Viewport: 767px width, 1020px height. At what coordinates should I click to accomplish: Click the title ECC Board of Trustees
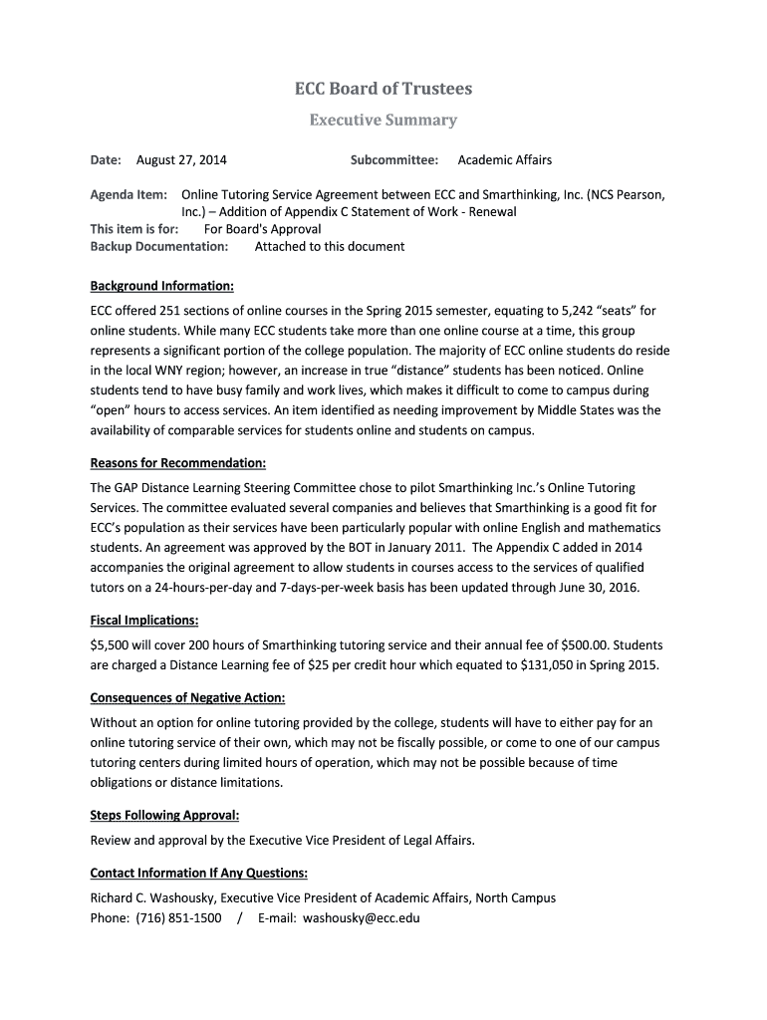coord(383,89)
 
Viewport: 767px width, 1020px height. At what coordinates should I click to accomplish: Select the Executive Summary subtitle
coord(383,121)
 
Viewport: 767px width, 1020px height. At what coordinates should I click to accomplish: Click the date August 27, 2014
coord(181,160)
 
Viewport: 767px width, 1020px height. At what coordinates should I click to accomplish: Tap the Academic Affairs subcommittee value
coord(504,160)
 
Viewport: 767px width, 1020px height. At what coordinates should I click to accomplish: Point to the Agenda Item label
coord(128,195)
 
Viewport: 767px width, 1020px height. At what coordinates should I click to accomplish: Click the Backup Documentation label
coord(159,246)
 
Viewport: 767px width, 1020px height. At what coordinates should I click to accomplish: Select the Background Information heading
coord(161,287)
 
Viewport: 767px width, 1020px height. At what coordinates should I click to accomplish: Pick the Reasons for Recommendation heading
coord(178,463)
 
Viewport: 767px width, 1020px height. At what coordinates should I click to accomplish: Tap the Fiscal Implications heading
coord(144,620)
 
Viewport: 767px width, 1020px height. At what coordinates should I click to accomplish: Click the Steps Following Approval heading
coord(164,815)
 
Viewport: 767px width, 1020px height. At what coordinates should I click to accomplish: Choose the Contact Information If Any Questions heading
coord(199,874)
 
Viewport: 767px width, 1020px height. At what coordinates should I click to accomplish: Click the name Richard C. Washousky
coord(151,898)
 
